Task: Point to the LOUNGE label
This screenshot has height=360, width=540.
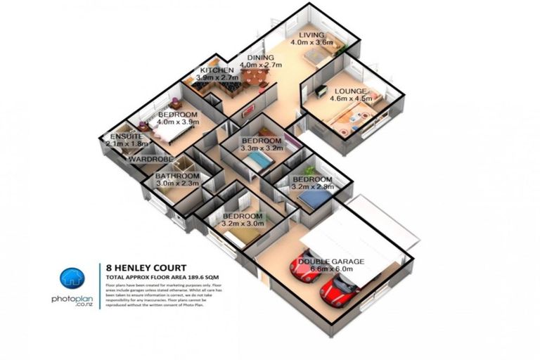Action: [349, 91]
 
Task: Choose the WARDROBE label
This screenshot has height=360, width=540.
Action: [147, 160]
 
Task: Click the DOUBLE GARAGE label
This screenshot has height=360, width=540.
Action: [331, 262]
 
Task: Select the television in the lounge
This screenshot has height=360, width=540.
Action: [321, 91]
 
